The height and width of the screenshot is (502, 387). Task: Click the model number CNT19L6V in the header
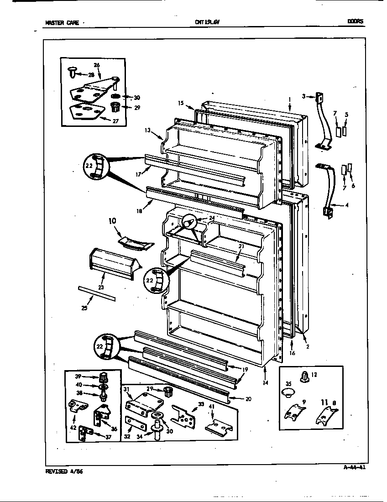pos(204,22)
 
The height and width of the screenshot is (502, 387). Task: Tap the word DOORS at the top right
pos(355,21)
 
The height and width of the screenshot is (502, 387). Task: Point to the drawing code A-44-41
pos(353,466)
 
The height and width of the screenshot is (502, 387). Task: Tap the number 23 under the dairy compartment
pos(101,288)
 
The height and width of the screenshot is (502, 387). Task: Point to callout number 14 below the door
pos(266,382)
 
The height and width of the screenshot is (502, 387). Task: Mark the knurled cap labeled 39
pos(104,377)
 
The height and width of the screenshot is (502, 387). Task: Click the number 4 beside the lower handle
pos(347,205)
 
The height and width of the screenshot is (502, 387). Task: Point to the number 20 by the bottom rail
pos(248,398)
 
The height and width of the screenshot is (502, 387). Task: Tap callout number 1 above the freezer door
pos(289,99)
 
